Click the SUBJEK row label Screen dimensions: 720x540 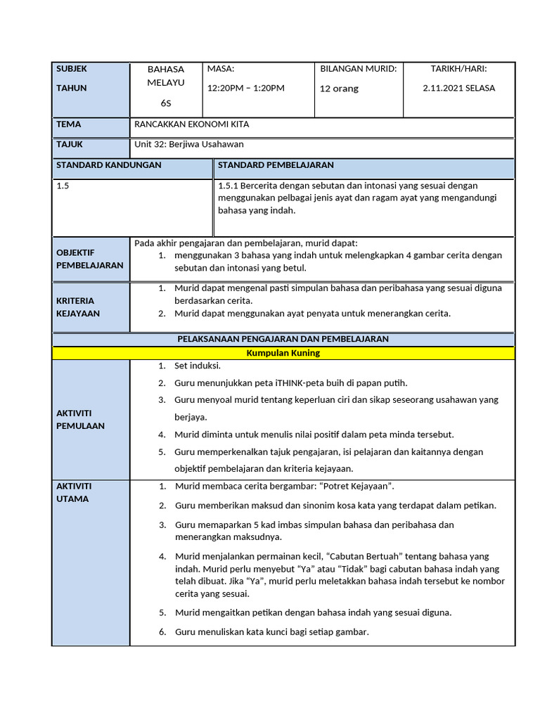[72, 69]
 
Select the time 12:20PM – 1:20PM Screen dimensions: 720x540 [246, 88]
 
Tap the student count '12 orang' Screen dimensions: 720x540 [339, 89]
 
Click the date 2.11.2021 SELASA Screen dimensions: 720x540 [458, 88]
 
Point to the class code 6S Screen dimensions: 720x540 [165, 103]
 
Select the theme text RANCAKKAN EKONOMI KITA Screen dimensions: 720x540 [191, 124]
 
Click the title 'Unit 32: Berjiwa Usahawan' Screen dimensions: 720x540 [189, 144]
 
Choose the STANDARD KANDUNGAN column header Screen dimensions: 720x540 [109, 165]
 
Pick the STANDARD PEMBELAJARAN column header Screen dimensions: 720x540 [276, 165]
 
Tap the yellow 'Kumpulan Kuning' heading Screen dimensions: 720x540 [283, 353]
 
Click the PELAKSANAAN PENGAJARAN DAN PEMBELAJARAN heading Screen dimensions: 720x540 [283, 339]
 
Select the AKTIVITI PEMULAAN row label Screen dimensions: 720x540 [80, 419]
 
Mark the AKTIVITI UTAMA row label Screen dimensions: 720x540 [74, 492]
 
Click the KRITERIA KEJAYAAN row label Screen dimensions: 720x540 [78, 307]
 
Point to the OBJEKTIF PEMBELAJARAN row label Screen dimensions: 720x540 [89, 259]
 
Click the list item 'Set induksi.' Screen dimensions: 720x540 [198, 366]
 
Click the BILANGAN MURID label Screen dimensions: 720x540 [359, 69]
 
